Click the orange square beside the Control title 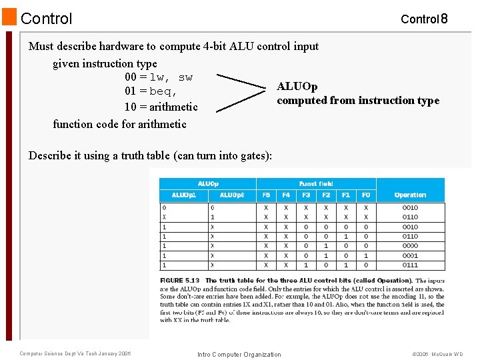point(9,17)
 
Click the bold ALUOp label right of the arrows point(297,87)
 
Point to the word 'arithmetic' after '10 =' point(173,107)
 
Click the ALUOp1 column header point(184,195)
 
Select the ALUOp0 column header point(232,195)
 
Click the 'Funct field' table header point(316,183)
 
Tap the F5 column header point(266,195)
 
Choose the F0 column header point(366,195)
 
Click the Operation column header point(410,195)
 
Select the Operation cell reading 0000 point(410,246)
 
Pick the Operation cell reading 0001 point(410,255)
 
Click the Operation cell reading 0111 point(410,265)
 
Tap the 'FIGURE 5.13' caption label point(180,281)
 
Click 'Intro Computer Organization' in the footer point(239,354)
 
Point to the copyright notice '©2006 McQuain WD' point(437,354)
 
